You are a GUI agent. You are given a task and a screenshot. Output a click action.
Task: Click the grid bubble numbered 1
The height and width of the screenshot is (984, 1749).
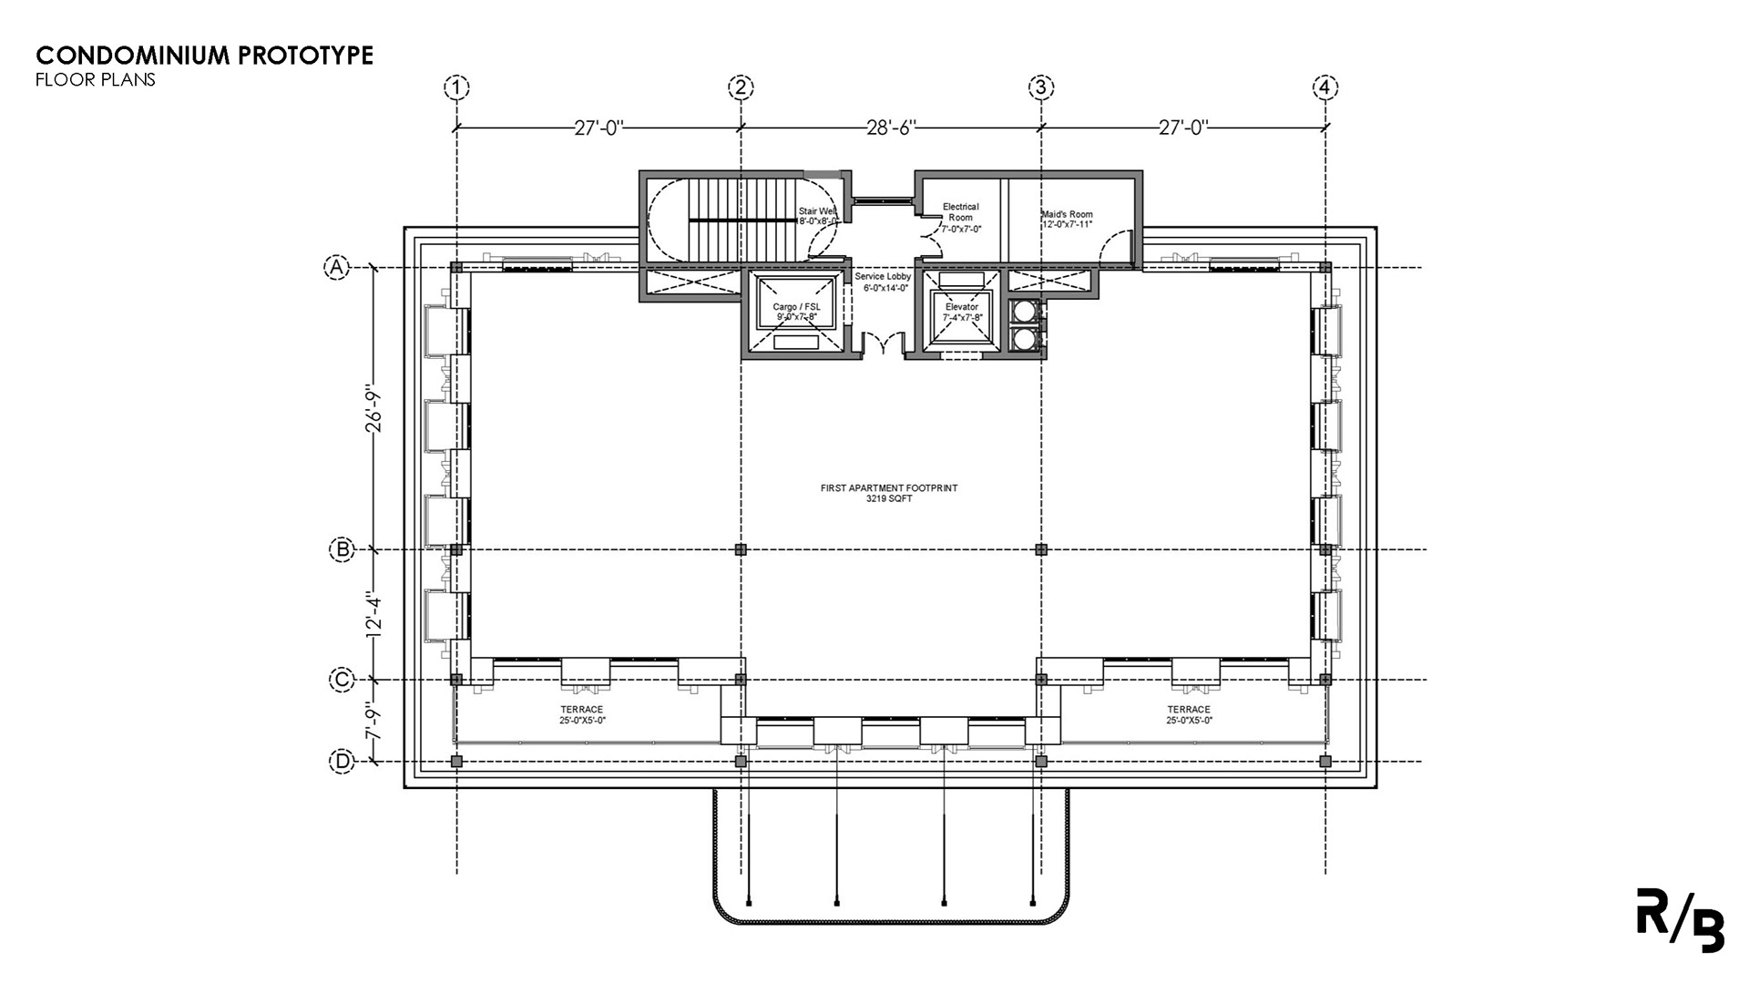coord(456,87)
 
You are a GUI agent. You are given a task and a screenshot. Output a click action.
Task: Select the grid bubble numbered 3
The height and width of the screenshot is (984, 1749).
coord(1041,87)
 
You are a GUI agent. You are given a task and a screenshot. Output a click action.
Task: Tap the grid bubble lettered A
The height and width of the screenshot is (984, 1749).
coord(338,267)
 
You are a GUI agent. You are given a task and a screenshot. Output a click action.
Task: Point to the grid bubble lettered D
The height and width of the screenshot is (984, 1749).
coord(341,762)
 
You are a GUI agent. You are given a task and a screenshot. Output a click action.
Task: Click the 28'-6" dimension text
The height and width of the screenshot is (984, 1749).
coord(891,128)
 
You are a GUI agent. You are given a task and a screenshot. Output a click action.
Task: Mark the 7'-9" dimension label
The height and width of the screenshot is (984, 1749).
coord(373,721)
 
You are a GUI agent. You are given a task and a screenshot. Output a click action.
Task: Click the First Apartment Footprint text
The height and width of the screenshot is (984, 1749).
coord(889,493)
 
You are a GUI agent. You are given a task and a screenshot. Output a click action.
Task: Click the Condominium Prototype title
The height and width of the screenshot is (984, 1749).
coord(205,56)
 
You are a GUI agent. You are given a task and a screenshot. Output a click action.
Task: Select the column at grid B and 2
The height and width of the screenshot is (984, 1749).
coord(741,549)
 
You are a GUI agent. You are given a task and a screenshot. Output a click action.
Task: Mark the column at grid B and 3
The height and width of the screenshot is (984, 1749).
coord(1041,549)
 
